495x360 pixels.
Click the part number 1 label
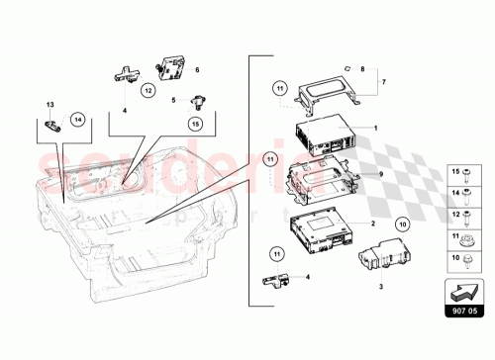coord(375,128)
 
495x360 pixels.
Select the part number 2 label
coord(372,224)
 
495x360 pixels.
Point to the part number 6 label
coord(197,70)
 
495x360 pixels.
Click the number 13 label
coord(50,104)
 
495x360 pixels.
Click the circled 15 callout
coord(195,123)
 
